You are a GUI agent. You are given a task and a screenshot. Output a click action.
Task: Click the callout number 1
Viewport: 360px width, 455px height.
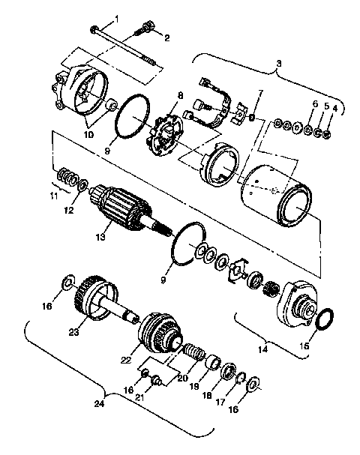coord(116,17)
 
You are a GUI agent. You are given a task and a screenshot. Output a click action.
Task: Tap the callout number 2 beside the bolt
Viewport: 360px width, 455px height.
coord(166,37)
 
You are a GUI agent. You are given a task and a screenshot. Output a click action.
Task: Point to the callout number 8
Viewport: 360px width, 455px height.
coord(180,97)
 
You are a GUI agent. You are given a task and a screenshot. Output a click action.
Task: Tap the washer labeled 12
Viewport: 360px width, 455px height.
coord(82,184)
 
